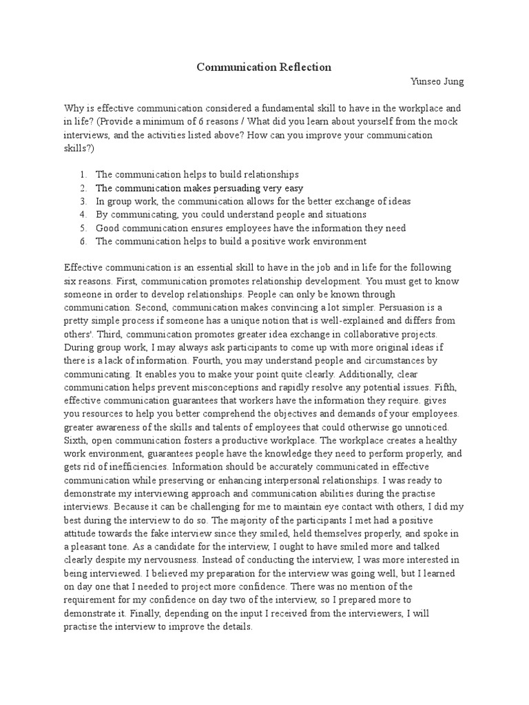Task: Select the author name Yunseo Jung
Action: [x=437, y=82]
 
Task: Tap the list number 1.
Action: [x=83, y=175]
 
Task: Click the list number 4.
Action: [x=83, y=214]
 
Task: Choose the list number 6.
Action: [x=83, y=241]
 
